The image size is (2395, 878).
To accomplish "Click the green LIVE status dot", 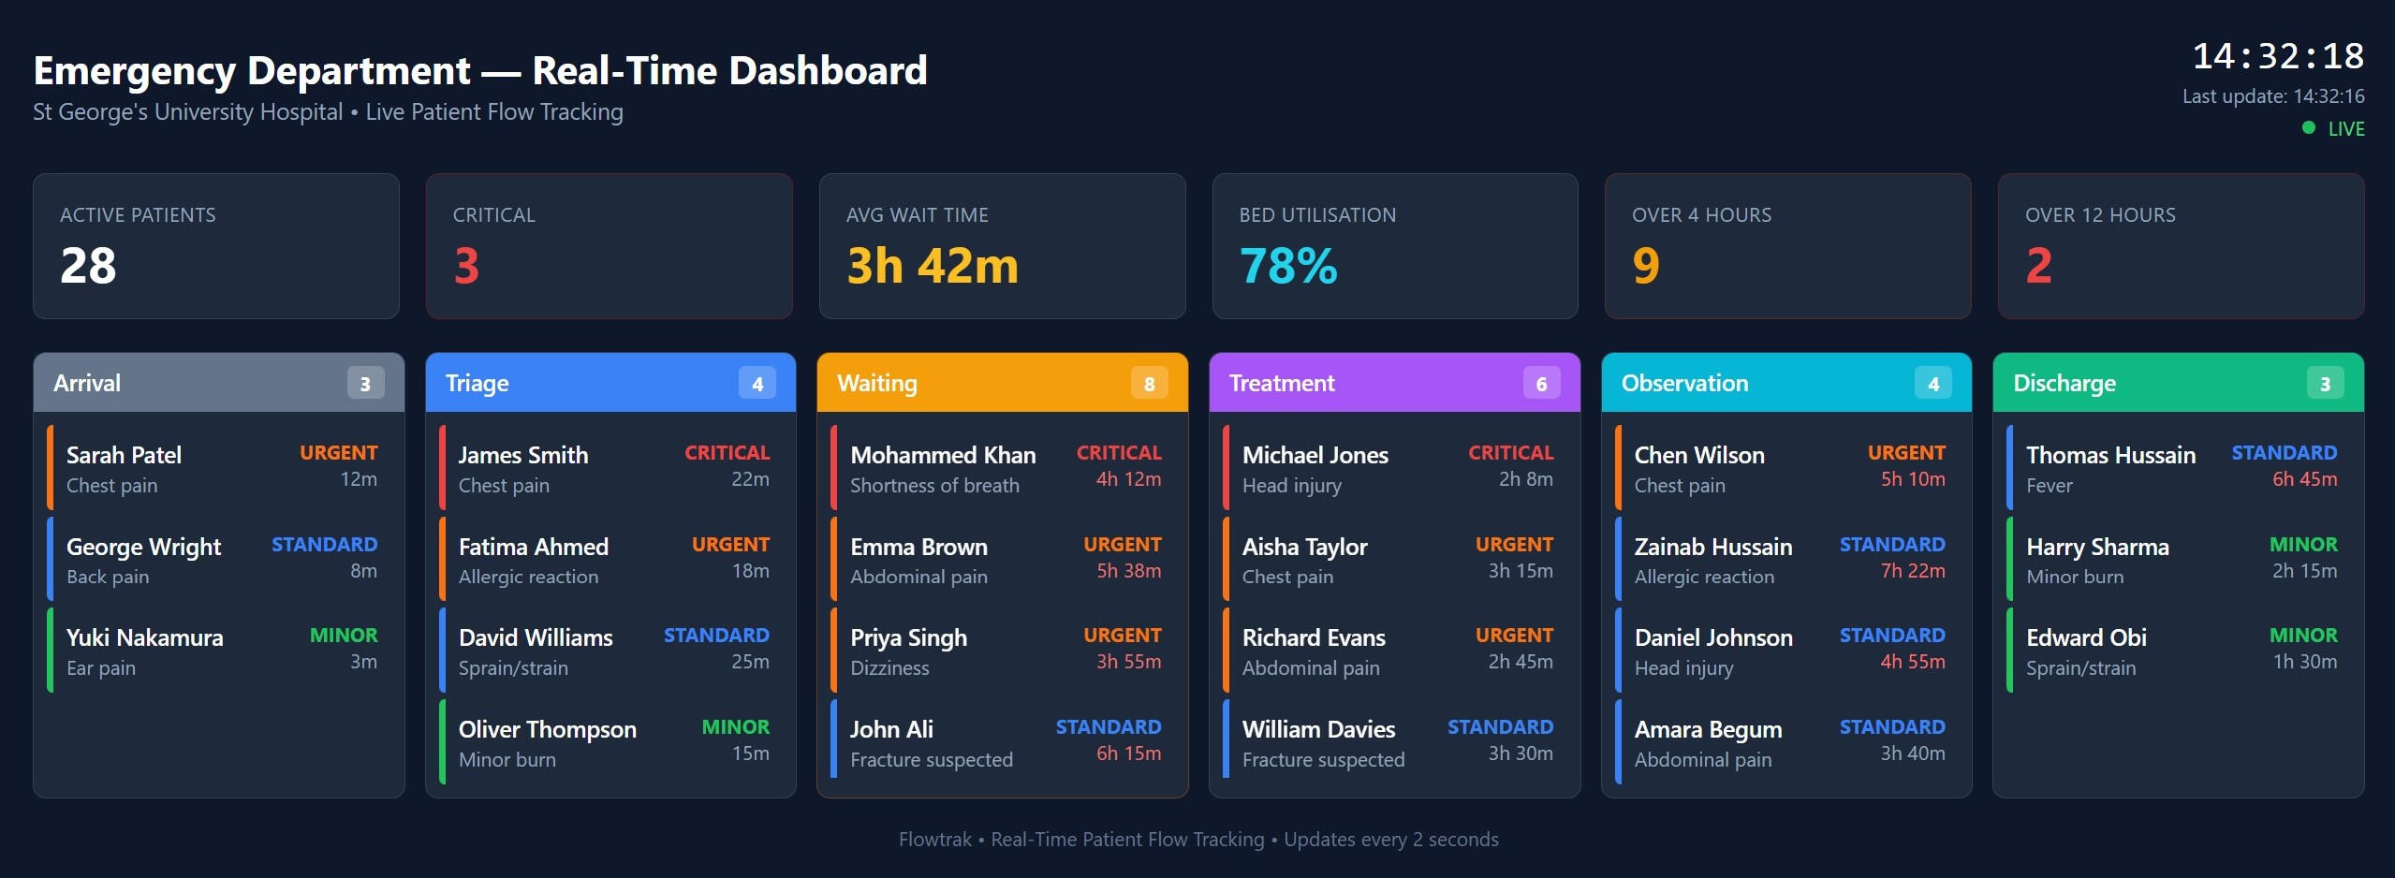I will [2309, 128].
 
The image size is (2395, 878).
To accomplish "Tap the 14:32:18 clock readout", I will [2277, 57].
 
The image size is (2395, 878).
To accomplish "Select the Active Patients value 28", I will [89, 266].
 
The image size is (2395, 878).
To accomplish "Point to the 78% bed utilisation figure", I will [1288, 266].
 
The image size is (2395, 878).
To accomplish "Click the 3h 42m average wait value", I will [932, 266].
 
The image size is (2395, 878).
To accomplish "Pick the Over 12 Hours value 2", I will [2038, 266].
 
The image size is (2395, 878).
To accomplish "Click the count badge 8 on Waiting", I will [1149, 384].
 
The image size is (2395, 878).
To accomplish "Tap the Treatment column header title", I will [1282, 384].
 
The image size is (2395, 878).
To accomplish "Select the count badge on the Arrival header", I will [365, 384].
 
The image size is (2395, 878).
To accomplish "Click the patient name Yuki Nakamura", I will [145, 638].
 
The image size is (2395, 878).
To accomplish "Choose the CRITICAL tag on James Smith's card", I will [727, 453].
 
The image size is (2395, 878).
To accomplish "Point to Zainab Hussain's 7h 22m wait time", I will [1912, 571].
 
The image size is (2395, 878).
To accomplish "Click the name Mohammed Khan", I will [943, 456].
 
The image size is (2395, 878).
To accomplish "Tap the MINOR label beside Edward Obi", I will [2302, 636].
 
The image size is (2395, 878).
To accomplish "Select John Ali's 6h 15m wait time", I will [1128, 754].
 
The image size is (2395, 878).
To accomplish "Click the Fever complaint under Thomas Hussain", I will [2049, 486].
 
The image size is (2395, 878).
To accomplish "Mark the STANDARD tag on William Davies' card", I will [1500, 727].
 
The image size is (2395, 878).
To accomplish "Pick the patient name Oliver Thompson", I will [547, 730].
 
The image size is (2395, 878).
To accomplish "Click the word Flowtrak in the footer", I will [934, 840].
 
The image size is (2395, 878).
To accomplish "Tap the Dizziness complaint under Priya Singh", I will [889, 668].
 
